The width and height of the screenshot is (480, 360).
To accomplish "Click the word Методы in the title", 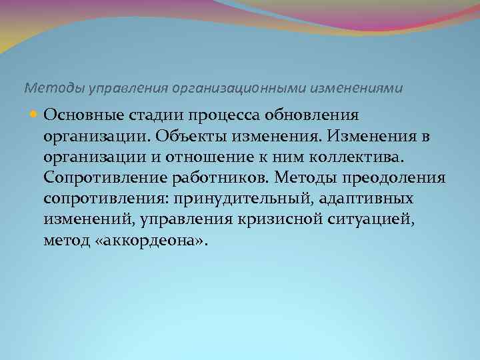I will point(45,87).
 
